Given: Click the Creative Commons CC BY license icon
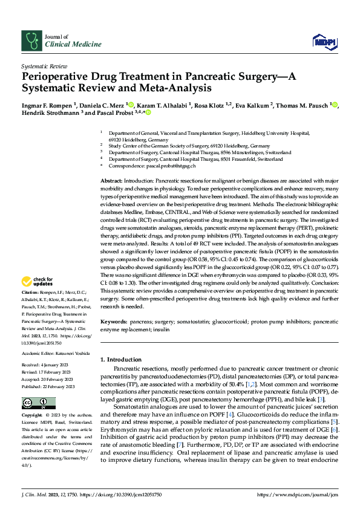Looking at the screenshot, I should [34, 403].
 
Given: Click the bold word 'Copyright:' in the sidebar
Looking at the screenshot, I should [33, 417].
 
